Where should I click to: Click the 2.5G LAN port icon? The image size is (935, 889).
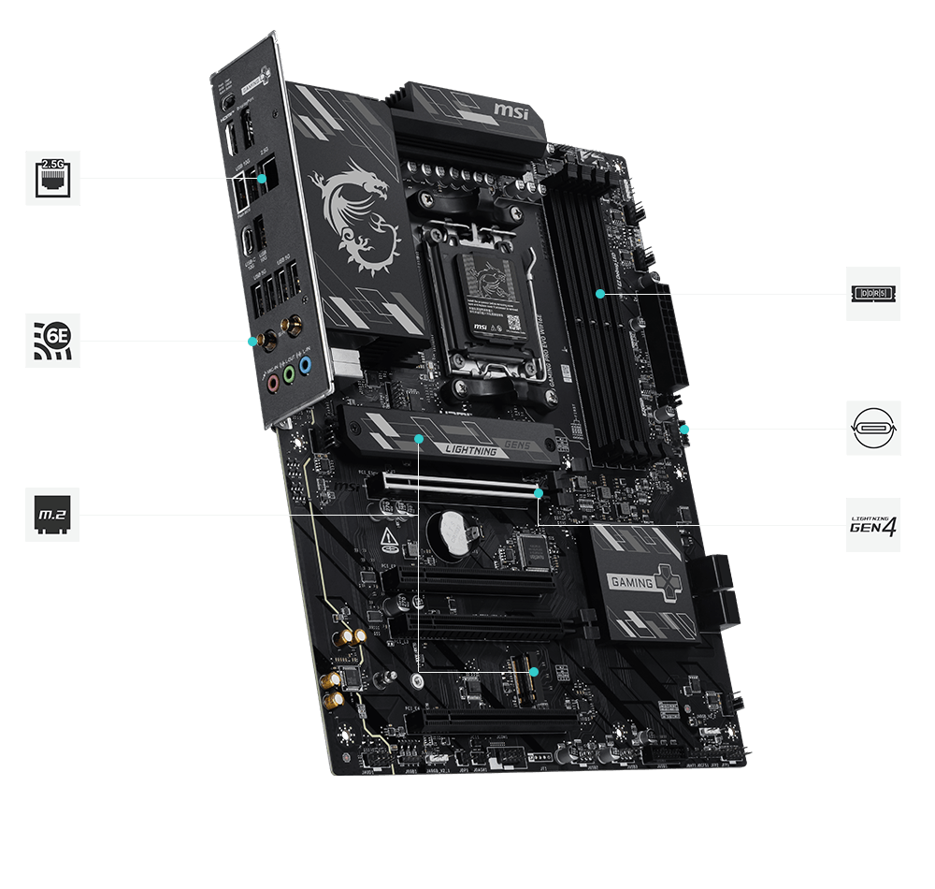(x=52, y=178)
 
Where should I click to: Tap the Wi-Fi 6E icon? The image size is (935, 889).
(x=52, y=341)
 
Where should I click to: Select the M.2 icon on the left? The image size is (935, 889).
(x=52, y=514)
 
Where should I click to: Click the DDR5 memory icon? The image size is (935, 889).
(x=873, y=294)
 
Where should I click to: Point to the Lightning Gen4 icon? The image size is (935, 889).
(x=873, y=525)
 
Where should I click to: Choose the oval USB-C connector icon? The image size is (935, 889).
(x=873, y=429)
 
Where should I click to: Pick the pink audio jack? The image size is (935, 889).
(x=272, y=381)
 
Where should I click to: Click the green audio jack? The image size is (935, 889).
(x=290, y=375)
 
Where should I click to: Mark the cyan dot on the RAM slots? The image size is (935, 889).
(x=600, y=294)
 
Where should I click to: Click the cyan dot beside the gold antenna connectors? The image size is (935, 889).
(x=252, y=341)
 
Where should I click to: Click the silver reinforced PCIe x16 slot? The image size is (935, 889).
(x=458, y=486)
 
